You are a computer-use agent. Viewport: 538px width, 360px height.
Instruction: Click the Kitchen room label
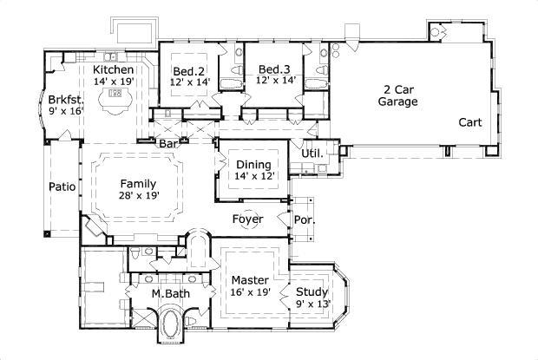[x=114, y=69]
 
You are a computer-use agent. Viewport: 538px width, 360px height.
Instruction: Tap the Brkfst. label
[x=65, y=99]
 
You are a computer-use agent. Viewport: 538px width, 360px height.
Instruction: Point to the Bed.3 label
[x=273, y=69]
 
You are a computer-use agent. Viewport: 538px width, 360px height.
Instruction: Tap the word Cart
[x=470, y=121]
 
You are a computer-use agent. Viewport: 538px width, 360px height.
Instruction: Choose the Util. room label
[x=312, y=154]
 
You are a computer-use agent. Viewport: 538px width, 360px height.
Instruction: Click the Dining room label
[x=253, y=165]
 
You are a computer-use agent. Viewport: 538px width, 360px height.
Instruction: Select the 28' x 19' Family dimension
[x=138, y=195]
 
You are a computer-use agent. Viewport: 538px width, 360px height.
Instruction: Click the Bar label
[x=167, y=144]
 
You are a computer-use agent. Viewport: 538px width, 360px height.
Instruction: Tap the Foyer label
[x=247, y=219]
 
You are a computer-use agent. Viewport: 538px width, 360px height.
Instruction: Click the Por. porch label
[x=305, y=219]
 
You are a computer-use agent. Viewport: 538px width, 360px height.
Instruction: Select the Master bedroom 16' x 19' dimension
[x=251, y=292]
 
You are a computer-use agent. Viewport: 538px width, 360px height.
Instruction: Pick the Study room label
[x=312, y=291]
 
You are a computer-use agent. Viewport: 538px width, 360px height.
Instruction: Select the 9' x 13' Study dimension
[x=312, y=304]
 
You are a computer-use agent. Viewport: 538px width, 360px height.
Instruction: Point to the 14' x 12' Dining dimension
[x=253, y=176]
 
